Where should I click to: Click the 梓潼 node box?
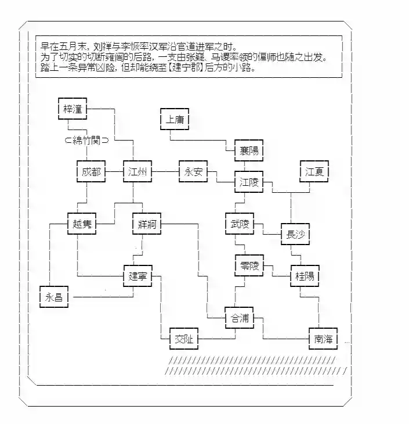click(73, 108)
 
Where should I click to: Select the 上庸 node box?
click(174, 119)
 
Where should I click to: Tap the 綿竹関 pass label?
click(87, 140)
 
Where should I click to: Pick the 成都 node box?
click(91, 172)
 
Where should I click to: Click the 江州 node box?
click(137, 172)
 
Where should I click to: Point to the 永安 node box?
click(193, 172)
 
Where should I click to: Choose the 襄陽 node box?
click(249, 151)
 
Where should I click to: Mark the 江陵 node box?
click(249, 182)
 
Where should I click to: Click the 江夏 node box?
click(314, 172)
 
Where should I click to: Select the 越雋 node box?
click(82, 224)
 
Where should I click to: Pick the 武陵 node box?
click(240, 224)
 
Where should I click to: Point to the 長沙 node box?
click(295, 234)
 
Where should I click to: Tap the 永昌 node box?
click(54, 297)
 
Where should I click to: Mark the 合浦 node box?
click(240, 318)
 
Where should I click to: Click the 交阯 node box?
click(183, 339)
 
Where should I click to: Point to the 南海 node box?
click(323, 339)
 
